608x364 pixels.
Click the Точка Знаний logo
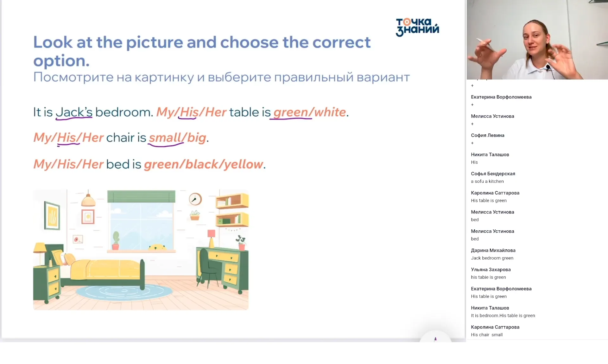(417, 27)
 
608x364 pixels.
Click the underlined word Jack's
(74, 112)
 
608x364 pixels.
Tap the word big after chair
(197, 138)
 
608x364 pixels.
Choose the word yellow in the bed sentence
(244, 164)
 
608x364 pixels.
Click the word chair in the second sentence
(120, 138)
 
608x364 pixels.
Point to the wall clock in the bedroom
(195, 199)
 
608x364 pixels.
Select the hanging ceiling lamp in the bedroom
(88, 198)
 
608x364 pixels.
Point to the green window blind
(141, 196)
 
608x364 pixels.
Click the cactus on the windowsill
(116, 240)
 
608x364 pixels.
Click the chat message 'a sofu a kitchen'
(487, 181)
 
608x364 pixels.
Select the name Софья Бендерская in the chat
(493, 174)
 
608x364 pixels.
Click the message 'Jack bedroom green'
(492, 258)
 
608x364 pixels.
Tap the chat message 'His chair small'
(487, 335)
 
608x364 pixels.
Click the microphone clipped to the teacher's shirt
(548, 67)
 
